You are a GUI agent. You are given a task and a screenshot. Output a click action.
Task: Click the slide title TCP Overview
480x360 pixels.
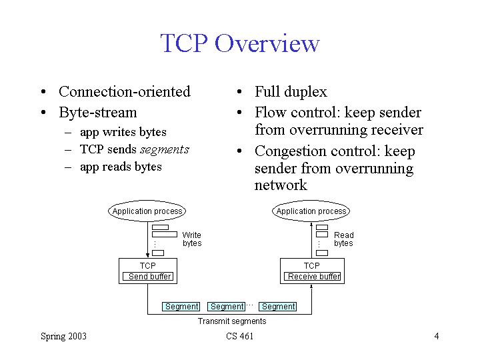coord(240,43)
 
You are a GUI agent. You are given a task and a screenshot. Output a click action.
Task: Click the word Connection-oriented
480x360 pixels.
coord(125,91)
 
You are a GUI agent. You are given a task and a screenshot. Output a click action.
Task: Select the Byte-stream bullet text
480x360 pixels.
coord(97,112)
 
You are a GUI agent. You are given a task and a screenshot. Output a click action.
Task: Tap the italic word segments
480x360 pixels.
coord(165,149)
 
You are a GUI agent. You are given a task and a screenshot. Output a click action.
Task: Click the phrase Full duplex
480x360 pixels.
coord(291,91)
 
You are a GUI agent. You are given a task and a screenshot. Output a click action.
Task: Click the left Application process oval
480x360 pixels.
coord(147,211)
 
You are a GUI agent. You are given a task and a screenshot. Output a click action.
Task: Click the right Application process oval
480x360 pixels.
coord(311,211)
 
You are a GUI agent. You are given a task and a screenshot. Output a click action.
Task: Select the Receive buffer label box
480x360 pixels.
coord(313,276)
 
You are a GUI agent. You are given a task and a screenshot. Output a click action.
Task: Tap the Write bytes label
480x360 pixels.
coord(192,239)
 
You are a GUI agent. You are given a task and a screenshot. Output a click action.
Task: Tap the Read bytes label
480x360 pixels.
coord(344,239)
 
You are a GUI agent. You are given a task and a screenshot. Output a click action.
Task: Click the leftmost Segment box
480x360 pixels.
coord(181,307)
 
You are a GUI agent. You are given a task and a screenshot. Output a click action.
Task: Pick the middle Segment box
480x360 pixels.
coord(227,307)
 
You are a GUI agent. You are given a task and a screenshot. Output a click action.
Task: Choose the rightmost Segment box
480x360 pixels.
coord(278,307)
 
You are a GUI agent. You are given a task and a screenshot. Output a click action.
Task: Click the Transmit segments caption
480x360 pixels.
coord(232,321)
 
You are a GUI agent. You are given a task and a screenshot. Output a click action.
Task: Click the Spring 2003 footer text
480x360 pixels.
coord(63,336)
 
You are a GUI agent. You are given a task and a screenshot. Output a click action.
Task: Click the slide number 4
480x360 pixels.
coord(436,336)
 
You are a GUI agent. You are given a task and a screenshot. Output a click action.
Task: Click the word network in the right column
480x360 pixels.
coord(281,185)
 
